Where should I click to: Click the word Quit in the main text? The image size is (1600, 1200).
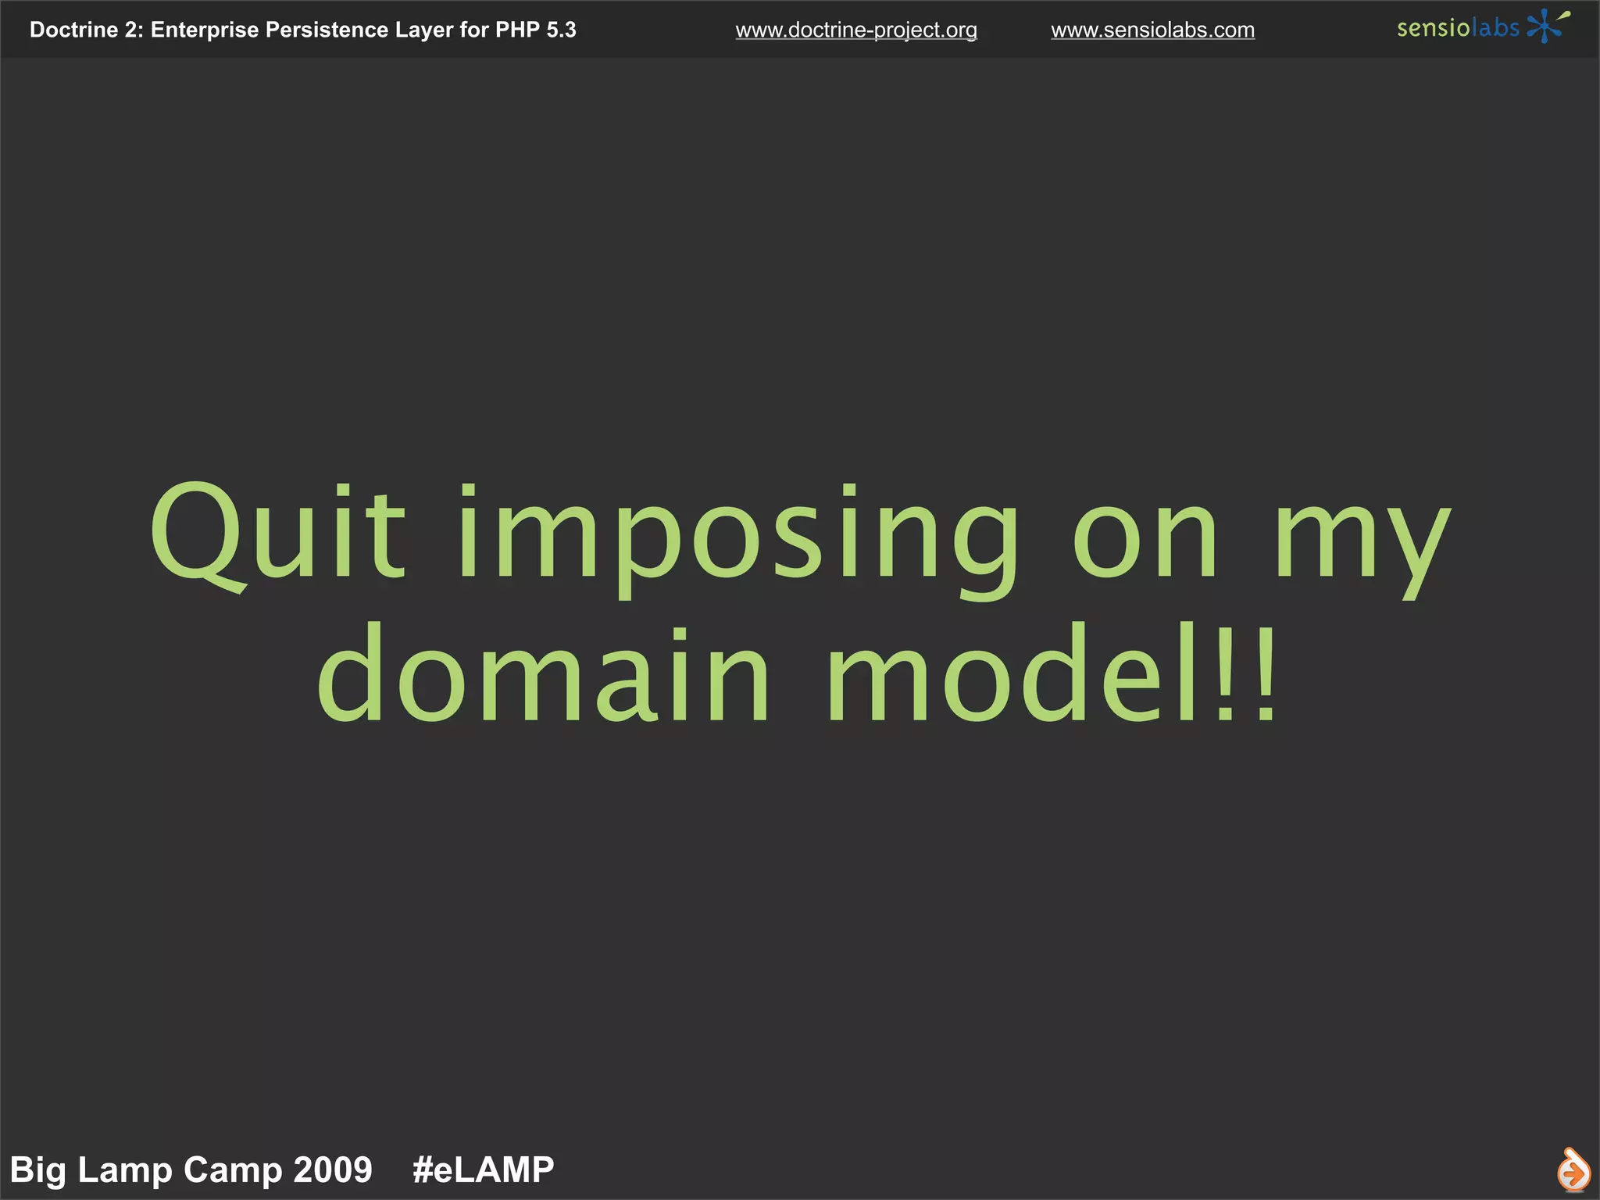click(277, 535)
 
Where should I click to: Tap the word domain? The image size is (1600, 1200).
click(543, 676)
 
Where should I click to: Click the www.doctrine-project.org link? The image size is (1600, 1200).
click(856, 30)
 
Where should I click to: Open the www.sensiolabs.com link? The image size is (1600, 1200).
click(1152, 30)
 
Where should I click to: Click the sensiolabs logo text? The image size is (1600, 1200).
click(1458, 28)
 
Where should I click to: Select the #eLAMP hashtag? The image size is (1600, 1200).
click(483, 1170)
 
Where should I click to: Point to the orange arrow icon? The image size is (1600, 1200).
click(1573, 1170)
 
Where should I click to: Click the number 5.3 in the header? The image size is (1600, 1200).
click(561, 30)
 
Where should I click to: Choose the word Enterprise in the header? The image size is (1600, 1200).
click(204, 30)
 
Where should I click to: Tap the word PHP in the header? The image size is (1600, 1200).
click(517, 30)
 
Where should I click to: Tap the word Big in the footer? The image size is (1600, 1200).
click(37, 1170)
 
